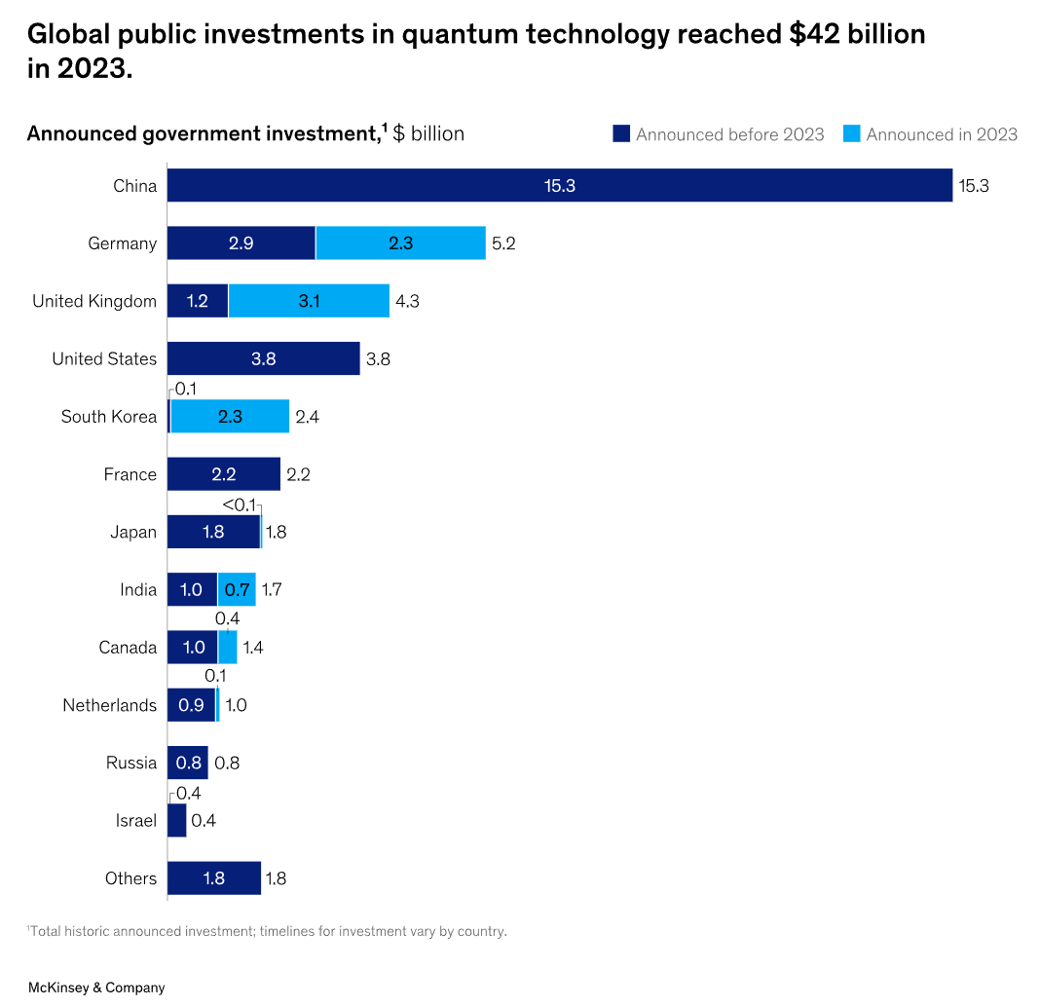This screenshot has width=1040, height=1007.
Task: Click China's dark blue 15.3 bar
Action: [x=559, y=185]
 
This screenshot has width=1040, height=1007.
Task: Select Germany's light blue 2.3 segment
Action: [x=400, y=243]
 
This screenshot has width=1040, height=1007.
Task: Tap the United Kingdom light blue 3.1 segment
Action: [x=309, y=301]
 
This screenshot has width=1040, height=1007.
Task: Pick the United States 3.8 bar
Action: [x=263, y=358]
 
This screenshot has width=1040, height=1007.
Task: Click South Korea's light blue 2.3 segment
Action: [x=230, y=417]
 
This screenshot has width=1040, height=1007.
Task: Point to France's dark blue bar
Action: [x=223, y=474]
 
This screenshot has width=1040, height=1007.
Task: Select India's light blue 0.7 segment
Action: [x=237, y=589]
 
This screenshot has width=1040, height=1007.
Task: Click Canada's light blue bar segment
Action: [x=227, y=647]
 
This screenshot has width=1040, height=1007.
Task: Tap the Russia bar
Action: [x=187, y=763]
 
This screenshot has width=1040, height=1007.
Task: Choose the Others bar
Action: [x=213, y=877]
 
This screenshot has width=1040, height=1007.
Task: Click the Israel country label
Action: [x=135, y=820]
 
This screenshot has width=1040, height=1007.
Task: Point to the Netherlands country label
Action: [x=109, y=705]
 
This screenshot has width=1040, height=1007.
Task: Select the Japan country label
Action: [x=132, y=532]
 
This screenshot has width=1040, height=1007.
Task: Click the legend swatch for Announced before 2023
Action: [x=621, y=134]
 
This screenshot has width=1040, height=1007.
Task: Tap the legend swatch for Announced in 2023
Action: [x=852, y=134]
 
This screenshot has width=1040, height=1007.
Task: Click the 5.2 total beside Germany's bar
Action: [x=503, y=243]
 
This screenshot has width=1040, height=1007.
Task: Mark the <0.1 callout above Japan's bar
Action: [x=239, y=504]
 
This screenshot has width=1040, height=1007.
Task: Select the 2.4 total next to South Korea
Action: [x=308, y=417]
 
